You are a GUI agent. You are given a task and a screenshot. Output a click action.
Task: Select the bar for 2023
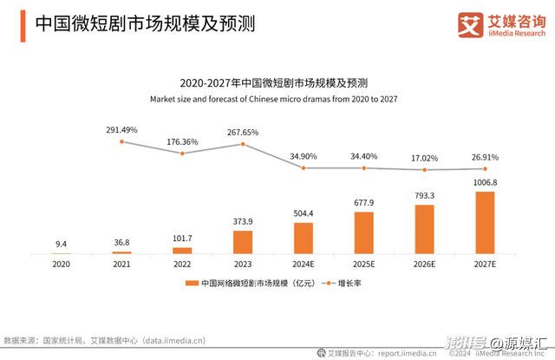(243, 241)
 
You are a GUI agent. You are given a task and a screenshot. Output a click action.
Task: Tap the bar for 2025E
(364, 232)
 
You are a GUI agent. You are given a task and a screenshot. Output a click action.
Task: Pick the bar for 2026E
(425, 229)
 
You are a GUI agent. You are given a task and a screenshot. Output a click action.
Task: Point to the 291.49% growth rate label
(122, 129)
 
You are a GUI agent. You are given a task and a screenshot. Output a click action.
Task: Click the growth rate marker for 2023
(243, 143)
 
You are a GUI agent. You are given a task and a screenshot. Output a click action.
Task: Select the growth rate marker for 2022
(182, 154)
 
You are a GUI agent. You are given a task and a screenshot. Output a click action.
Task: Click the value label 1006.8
(485, 182)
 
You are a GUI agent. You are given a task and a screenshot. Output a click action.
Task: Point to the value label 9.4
(61, 244)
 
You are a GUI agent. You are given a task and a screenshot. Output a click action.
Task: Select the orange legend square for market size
(192, 284)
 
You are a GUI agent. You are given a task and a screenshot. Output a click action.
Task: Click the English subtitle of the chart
(273, 99)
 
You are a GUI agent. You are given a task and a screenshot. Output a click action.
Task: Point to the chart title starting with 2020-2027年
(273, 83)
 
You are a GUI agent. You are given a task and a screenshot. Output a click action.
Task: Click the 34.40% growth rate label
(364, 156)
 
